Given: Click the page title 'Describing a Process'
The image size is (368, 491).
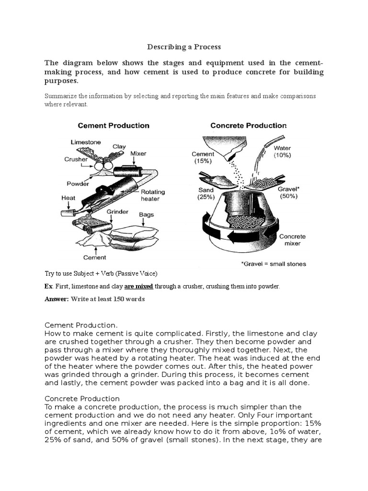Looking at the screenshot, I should click(x=184, y=47).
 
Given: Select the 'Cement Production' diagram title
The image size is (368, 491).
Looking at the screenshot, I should click(x=114, y=126).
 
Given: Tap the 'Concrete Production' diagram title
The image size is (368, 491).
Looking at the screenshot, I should click(x=248, y=126).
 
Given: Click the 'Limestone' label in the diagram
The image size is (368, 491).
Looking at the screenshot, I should click(x=86, y=142).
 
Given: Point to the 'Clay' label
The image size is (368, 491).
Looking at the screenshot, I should click(x=119, y=147).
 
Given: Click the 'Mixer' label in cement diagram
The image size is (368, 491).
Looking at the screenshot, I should click(x=138, y=153).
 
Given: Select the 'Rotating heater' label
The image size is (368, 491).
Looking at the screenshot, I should click(x=153, y=195).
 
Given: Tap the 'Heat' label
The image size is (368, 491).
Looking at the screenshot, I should click(x=68, y=198).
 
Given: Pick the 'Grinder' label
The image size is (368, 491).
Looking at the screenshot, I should click(x=117, y=211).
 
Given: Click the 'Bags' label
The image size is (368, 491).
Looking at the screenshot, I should click(x=146, y=215).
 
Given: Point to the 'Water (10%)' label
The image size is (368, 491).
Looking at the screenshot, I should click(x=282, y=152).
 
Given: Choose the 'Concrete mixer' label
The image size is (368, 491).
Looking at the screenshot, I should click(x=292, y=240).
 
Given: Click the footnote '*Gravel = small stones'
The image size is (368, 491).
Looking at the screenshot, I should click(x=273, y=264).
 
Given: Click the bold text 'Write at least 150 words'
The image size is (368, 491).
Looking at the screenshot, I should click(x=107, y=299).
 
